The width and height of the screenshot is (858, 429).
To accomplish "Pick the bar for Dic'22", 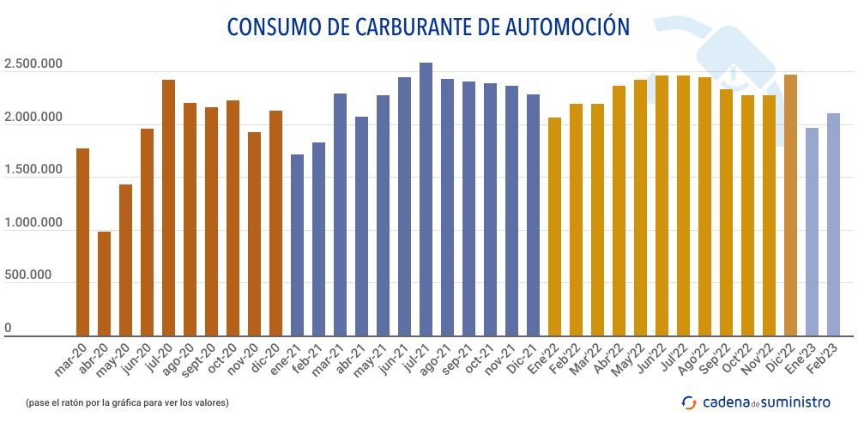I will pos(790,205).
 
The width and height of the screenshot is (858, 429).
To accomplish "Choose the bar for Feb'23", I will pos(833,224).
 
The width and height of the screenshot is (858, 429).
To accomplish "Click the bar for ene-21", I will pos(297,245).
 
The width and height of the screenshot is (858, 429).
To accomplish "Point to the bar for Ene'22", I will pos(554,227).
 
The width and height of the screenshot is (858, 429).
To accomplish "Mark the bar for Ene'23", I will pos(812,232).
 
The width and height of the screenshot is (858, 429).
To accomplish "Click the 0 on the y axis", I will pos(8,329).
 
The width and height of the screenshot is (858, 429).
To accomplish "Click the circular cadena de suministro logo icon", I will pos(689,402).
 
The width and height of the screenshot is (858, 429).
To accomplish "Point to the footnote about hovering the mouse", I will pos(127,402).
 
